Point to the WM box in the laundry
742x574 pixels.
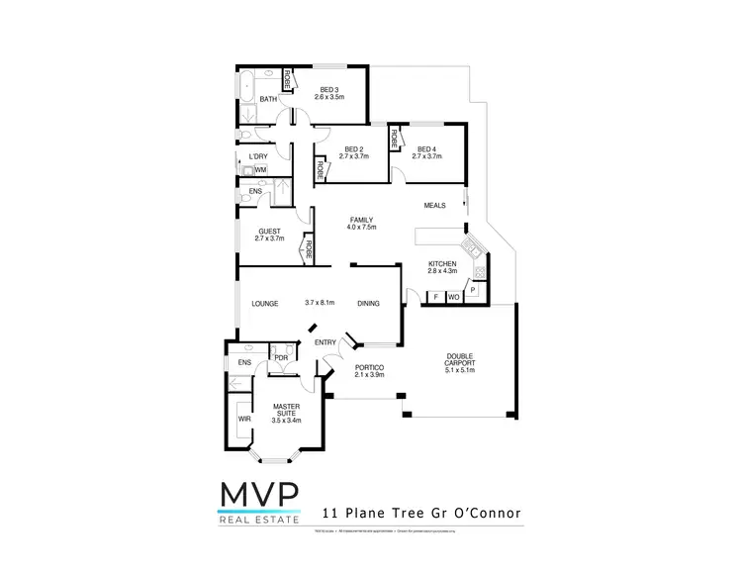point(260,170)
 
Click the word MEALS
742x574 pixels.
point(435,206)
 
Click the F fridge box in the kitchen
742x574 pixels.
point(435,297)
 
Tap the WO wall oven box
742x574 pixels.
point(454,297)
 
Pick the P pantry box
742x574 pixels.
point(473,290)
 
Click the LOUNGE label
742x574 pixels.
point(263,303)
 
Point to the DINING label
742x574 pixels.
point(368,303)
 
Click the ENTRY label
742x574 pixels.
point(325,342)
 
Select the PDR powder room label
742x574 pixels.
point(280,357)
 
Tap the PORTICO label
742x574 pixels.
point(368,371)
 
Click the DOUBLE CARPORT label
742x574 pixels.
point(460,361)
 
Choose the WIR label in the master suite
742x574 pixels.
point(243,418)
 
